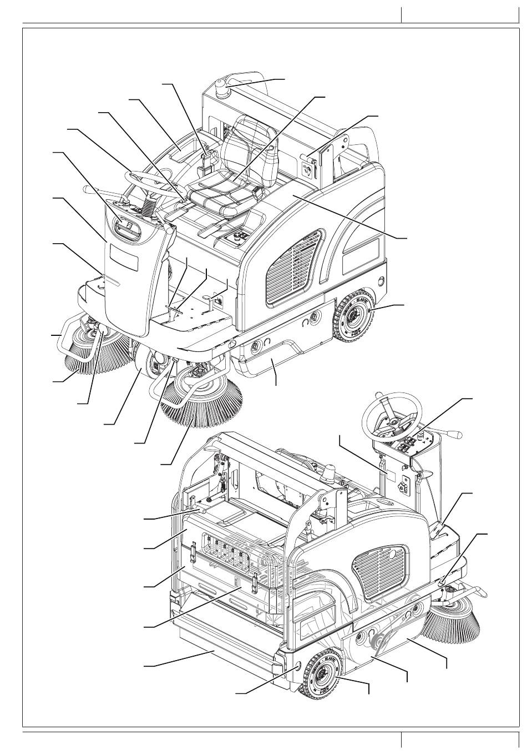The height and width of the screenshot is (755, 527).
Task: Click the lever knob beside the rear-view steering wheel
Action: (x=458, y=436)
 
